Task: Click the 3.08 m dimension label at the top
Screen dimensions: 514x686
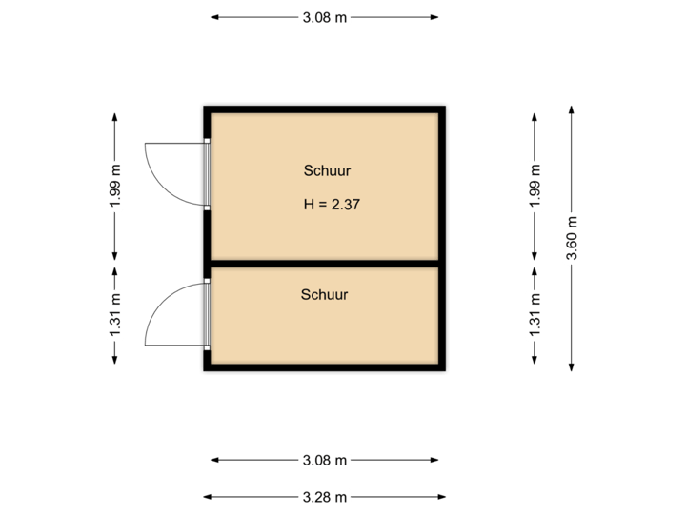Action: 324,17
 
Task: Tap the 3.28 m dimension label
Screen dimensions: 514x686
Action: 324,496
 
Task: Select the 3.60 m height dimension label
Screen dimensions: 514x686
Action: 571,241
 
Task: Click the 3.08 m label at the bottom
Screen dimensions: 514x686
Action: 324,461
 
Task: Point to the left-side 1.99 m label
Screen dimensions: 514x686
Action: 115,188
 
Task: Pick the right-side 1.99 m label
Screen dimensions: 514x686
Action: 535,188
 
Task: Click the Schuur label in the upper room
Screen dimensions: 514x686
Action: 327,171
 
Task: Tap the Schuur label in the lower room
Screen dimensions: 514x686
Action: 324,294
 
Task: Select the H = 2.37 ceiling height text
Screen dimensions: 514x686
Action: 331,204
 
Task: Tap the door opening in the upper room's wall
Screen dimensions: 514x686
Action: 207,174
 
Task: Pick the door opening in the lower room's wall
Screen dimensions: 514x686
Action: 207,313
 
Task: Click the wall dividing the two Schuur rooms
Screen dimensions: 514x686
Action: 324,264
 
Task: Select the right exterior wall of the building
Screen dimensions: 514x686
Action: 443,238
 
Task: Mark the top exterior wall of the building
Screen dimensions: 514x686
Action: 324,108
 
